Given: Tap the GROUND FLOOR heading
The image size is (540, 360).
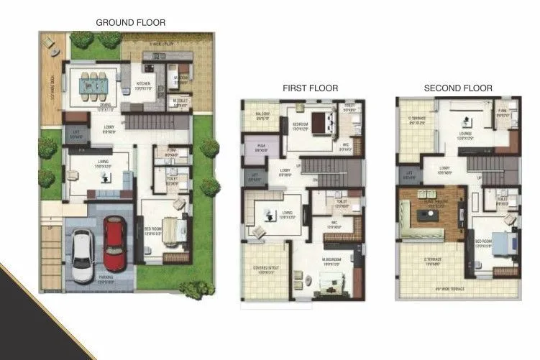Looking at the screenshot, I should pos(130,23).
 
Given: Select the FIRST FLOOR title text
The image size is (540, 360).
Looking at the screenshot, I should pos(310,88).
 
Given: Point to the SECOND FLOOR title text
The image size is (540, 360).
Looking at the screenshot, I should pos(458,88).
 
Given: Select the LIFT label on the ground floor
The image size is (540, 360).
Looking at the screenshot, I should pos(75,134).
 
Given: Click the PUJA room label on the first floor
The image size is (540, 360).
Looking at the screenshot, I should pos(261,149).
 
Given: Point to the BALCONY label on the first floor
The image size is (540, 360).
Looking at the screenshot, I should pos(262,114).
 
